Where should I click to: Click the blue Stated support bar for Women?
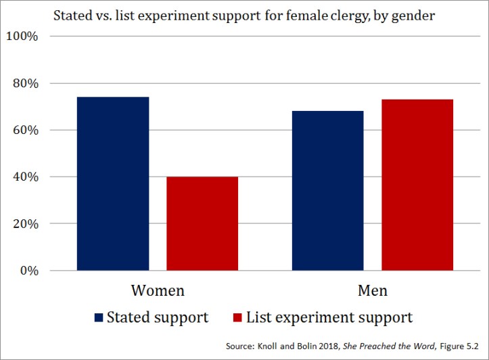[113, 183]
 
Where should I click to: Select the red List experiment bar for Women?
[202, 223]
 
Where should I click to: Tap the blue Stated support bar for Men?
[327, 191]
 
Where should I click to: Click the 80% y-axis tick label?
[25, 83]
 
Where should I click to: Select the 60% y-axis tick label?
[25, 130]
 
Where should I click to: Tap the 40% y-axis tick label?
[25, 177]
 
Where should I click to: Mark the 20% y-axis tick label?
[25, 223]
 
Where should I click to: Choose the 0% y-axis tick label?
[28, 271]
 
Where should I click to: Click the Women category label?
[157, 291]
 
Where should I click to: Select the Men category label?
[372, 291]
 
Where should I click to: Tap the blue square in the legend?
[99, 317]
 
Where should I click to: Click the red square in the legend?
[237, 317]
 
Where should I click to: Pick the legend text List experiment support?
[329, 317]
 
